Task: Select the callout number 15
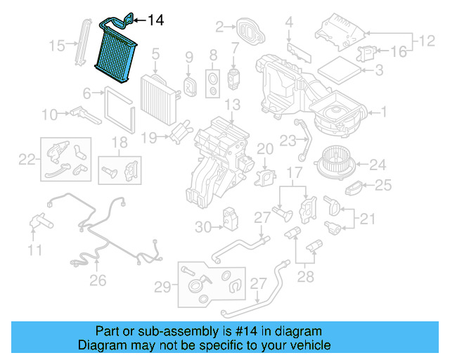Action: pos(57,46)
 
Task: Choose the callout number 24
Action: pos(378,165)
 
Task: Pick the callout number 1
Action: pos(384,111)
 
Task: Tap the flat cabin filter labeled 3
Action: pos(337,69)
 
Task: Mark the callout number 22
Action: pos(26,159)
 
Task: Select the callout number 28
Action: pos(306,277)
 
